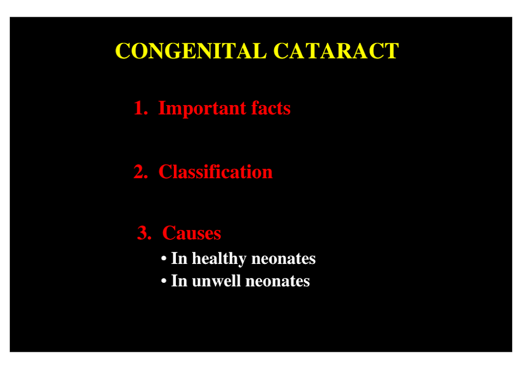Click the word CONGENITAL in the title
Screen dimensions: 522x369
pos(191,51)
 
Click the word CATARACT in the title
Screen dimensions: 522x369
pos(336,51)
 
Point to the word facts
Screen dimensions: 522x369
pos(270,108)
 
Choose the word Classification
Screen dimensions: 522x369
pos(216,171)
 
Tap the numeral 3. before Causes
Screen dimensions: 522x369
pos(145,233)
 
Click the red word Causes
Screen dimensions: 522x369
pos(192,233)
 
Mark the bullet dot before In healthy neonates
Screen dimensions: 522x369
pos(163,259)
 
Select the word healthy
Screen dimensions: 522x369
pos(219,259)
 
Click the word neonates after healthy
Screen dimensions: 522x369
pos(283,259)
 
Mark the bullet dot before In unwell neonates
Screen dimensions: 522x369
pos(163,281)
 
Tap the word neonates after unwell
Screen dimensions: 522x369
pos(278,282)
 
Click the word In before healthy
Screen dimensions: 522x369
pos(179,259)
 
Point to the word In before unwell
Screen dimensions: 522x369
pos(179,281)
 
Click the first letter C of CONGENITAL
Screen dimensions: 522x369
pos(122,51)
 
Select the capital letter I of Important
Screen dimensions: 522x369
pos(162,108)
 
